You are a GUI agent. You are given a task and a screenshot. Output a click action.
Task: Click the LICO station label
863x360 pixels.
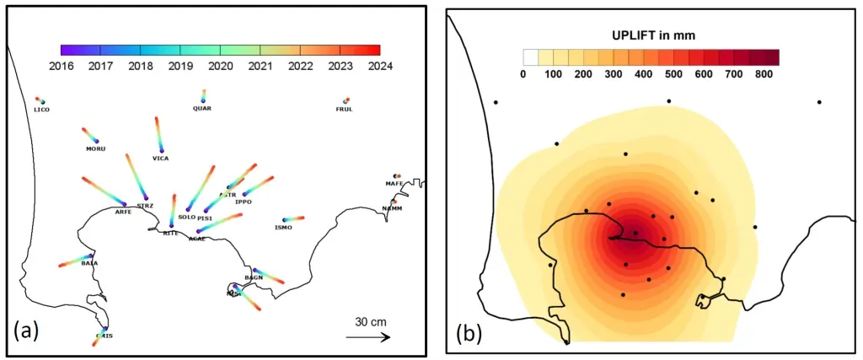coord(41,110)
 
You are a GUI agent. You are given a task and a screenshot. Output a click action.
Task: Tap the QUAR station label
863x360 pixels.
coord(202,109)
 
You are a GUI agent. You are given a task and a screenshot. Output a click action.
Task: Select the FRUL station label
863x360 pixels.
coord(344,110)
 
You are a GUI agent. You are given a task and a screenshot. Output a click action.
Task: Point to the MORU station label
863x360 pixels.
coord(95,149)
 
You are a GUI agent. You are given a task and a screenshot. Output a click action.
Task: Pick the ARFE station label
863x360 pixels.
coord(123,212)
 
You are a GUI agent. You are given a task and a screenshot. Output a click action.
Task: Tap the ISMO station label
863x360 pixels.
coord(283,228)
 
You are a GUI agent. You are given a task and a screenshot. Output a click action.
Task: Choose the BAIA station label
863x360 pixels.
coord(89,263)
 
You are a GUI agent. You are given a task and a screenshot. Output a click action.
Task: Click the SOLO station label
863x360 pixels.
coord(187,217)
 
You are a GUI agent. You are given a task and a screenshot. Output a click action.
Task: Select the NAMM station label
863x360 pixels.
coord(391,208)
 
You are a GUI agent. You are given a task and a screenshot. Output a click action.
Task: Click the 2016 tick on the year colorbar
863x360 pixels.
coord(62,66)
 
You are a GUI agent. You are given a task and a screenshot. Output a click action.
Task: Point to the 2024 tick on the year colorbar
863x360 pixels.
coord(380,66)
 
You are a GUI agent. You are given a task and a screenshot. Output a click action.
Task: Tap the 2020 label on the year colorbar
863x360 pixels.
coord(221,66)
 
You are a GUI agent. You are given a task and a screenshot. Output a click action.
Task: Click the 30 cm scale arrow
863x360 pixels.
coord(367,337)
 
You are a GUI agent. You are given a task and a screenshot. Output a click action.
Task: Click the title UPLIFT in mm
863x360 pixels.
coord(652,35)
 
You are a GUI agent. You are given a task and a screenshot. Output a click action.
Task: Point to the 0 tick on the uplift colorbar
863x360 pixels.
coord(523,74)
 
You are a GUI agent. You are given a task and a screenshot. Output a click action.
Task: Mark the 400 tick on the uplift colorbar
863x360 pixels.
coord(645,74)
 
